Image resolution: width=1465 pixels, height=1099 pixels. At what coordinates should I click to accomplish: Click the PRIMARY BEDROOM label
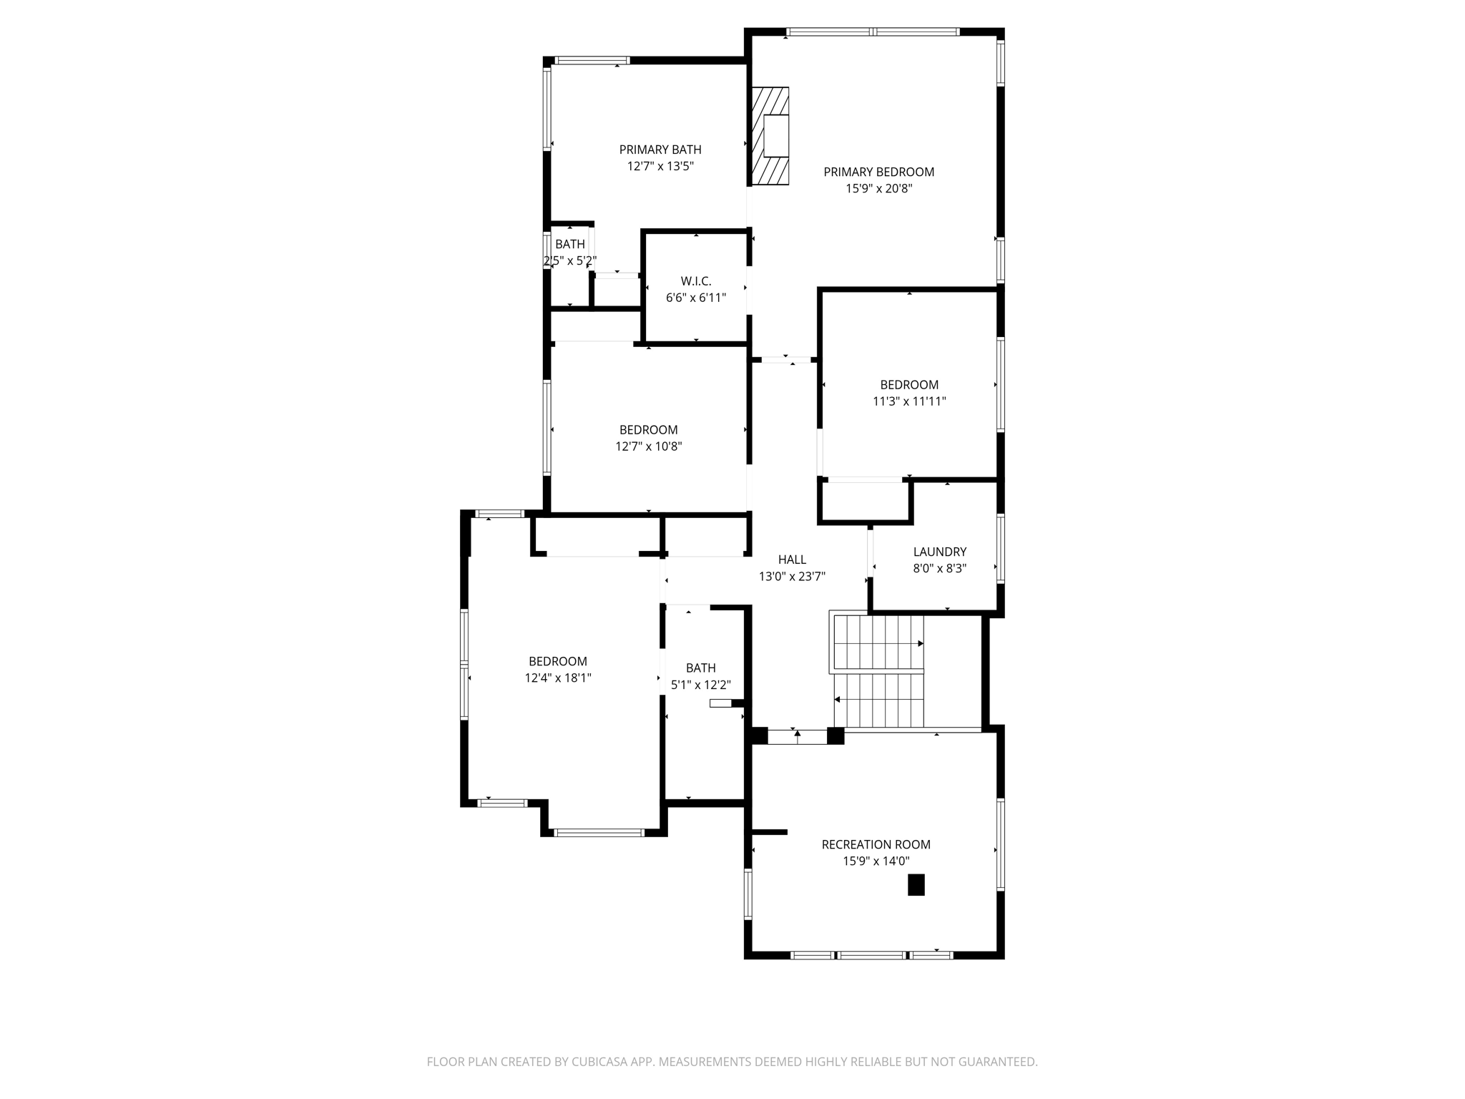tap(878, 172)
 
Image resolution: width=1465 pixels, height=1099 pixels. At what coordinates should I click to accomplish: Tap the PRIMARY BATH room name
tap(660, 150)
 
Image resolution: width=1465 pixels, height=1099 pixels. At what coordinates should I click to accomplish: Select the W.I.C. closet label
tap(695, 281)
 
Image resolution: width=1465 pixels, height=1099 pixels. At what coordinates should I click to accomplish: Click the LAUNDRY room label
tap(939, 552)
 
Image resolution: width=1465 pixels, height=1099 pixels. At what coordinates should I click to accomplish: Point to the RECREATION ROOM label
tap(876, 844)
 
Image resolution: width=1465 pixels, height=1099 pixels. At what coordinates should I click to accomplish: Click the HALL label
tap(792, 560)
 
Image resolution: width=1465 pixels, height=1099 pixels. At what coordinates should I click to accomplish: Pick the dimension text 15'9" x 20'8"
tap(878, 189)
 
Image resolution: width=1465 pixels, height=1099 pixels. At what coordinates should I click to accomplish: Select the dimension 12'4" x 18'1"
tap(558, 678)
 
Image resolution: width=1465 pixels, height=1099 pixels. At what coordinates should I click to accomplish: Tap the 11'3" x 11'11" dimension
tap(908, 401)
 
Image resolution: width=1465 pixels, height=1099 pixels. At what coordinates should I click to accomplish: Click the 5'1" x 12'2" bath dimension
tap(700, 685)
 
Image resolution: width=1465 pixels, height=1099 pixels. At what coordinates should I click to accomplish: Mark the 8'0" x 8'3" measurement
tap(939, 569)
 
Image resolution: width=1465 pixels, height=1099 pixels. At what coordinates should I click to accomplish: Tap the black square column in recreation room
tap(916, 885)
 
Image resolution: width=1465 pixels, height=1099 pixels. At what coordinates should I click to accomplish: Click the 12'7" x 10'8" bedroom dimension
tap(648, 446)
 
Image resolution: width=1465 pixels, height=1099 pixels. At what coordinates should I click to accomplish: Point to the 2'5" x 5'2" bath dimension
tap(569, 261)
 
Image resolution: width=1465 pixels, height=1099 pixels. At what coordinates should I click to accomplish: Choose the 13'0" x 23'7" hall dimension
tap(792, 577)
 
